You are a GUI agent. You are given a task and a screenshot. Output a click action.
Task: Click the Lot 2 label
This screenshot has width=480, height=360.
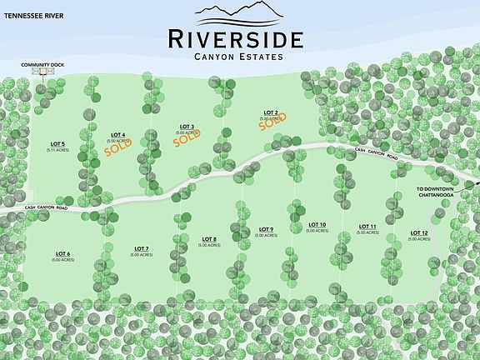pyautogui.click(x=270, y=112)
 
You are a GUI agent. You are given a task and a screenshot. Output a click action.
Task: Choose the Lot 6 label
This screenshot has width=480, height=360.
pyautogui.click(x=63, y=253)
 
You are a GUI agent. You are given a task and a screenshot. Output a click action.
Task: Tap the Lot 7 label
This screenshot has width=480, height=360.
pyautogui.click(x=141, y=249)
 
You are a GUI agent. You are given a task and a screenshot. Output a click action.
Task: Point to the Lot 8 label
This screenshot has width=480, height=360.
pyautogui.click(x=209, y=239)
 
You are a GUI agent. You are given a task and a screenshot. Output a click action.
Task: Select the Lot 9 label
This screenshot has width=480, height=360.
pyautogui.click(x=266, y=230)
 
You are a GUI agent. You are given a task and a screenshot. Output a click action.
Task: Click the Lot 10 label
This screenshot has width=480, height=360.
pyautogui.click(x=317, y=225)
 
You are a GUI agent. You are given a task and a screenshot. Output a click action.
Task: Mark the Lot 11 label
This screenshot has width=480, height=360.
pyautogui.click(x=367, y=227)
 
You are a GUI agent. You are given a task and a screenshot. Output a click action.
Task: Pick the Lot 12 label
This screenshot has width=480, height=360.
pyautogui.click(x=418, y=233)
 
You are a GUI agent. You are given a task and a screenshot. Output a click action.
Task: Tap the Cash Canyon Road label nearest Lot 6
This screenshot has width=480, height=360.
pyautogui.click(x=45, y=207)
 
